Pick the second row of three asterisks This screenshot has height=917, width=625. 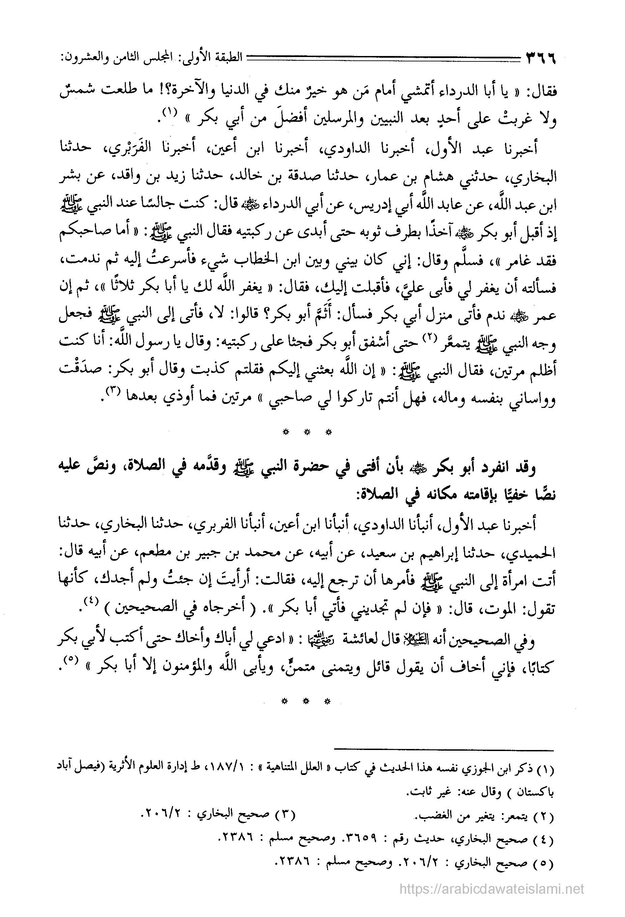(x=306, y=701)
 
